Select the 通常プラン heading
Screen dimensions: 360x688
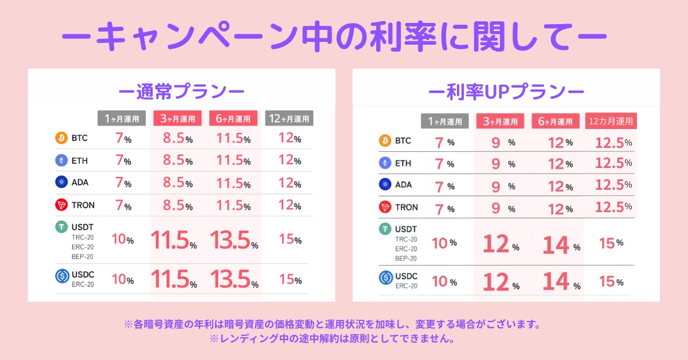point(181,91)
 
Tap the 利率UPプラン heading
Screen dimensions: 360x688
point(506,91)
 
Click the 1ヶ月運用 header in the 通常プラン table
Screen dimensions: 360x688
point(122,119)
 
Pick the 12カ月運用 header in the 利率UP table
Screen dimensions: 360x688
point(612,122)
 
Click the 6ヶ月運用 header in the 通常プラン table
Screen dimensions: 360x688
point(233,119)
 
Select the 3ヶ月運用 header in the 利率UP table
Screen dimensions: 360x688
point(500,122)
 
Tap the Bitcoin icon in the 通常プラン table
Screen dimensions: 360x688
point(61,138)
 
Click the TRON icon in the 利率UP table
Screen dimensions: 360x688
point(385,207)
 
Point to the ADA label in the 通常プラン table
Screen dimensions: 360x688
point(80,182)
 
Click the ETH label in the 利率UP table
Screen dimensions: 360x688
point(403,163)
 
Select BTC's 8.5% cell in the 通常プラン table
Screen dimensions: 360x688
point(176,139)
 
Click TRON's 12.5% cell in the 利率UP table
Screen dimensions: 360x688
point(613,207)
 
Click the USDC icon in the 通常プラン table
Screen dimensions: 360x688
point(61,276)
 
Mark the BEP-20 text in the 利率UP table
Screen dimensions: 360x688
point(406,258)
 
